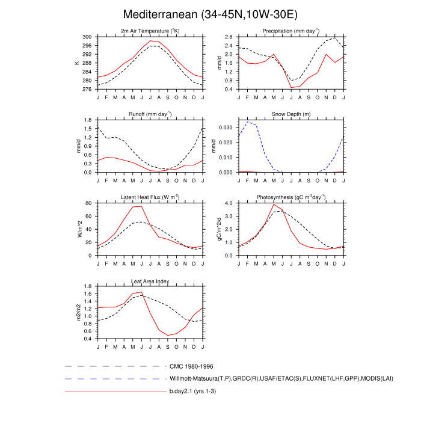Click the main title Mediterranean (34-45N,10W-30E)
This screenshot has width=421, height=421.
(x=210, y=14)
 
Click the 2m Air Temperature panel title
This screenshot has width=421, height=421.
(x=150, y=31)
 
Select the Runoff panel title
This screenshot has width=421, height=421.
(x=150, y=114)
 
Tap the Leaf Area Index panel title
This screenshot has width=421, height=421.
(x=150, y=281)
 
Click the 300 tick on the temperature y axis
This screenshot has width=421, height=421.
(x=87, y=37)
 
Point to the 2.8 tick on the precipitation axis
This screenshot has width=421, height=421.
(x=229, y=37)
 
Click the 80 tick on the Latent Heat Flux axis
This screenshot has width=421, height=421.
(x=89, y=203)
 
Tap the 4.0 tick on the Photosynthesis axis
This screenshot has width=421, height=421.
(x=229, y=203)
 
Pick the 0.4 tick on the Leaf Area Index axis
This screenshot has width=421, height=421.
(x=88, y=339)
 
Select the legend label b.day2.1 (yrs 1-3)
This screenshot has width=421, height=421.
(x=197, y=392)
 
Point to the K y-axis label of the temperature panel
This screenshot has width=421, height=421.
(x=77, y=63)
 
